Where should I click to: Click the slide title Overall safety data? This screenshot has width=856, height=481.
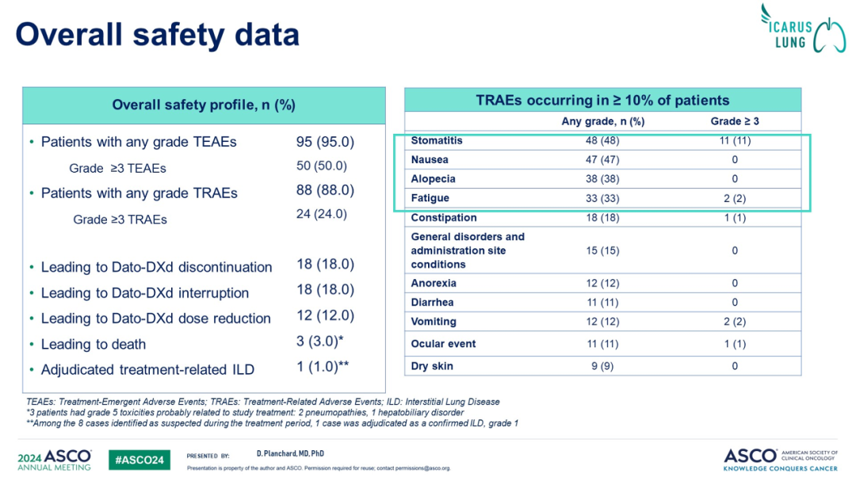(158, 34)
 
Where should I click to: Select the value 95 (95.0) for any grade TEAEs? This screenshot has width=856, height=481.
(325, 142)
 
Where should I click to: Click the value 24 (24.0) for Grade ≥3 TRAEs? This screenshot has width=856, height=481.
(322, 214)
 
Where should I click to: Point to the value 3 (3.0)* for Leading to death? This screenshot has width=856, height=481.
(323, 342)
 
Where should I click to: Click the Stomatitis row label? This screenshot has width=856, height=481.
(437, 140)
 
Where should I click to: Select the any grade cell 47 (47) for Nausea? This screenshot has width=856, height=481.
(602, 160)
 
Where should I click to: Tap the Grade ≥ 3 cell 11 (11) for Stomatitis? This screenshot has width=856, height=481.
(734, 140)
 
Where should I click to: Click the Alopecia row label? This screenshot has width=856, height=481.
(433, 179)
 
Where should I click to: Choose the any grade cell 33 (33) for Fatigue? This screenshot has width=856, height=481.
(602, 198)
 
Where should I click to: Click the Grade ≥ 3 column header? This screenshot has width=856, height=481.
(735, 121)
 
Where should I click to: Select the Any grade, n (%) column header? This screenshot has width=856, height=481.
(602, 121)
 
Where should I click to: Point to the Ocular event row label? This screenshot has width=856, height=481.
(443, 344)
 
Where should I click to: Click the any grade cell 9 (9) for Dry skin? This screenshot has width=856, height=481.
(602, 366)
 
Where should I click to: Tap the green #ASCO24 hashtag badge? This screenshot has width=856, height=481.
(139, 460)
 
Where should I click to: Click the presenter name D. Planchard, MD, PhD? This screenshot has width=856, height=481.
(290, 453)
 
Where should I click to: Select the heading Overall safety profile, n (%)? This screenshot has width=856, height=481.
(204, 105)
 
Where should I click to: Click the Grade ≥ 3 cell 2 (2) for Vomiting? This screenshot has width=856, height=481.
(735, 322)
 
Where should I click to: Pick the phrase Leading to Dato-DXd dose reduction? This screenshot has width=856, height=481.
(156, 319)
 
